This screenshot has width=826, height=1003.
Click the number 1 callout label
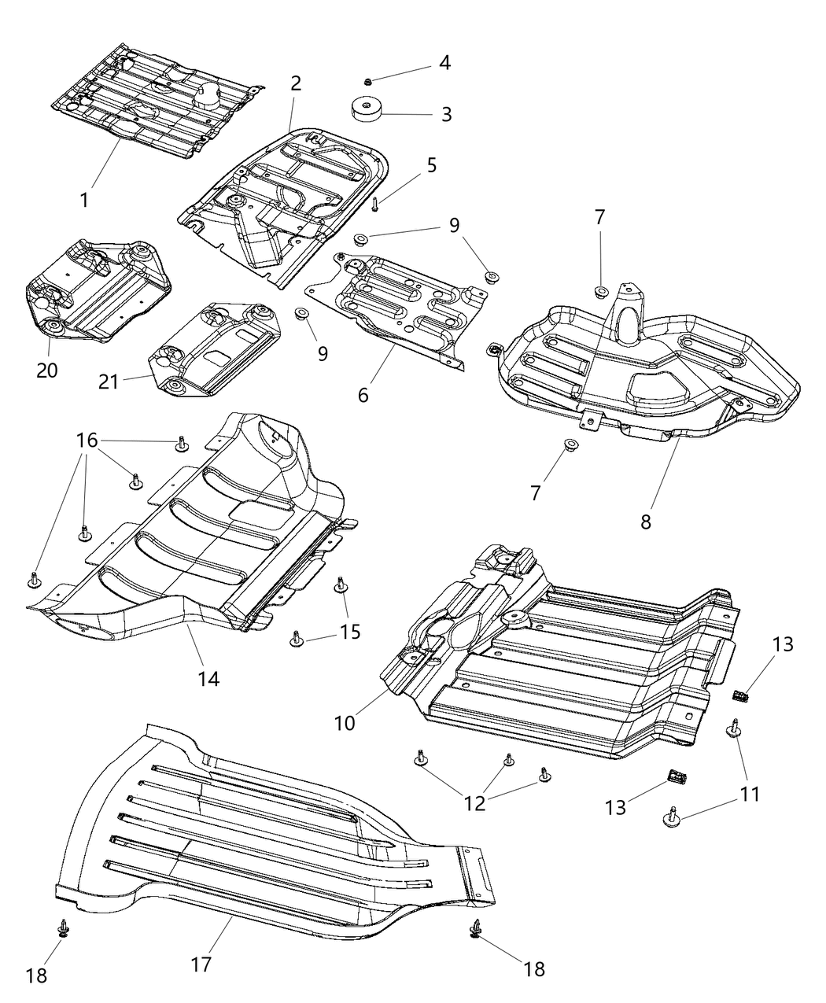tap(83, 200)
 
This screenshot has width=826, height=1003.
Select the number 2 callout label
tap(295, 83)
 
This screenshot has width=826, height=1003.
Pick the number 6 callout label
tap(363, 395)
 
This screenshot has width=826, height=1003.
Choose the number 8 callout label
tap(645, 521)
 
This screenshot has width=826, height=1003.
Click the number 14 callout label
tap(208, 677)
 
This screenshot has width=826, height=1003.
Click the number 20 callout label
tap(46, 370)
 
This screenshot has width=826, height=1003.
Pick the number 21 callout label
tap(109, 382)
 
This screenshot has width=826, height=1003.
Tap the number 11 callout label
tap(750, 794)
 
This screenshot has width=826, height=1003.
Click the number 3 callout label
tap(446, 115)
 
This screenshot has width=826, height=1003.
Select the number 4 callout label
tap(444, 63)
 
